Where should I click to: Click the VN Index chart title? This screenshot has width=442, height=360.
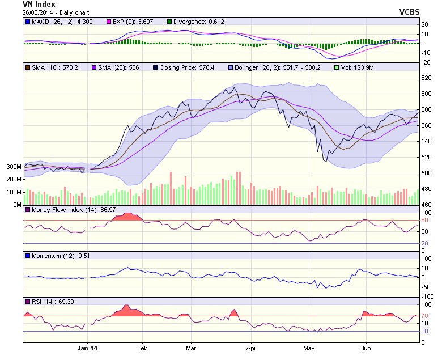click(39, 5)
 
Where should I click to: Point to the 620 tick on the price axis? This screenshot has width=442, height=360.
click(426, 78)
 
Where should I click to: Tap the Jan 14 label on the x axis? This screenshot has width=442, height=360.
click(87, 349)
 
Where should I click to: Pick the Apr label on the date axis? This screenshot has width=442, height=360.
click(250, 349)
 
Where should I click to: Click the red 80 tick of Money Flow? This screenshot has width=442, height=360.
click(424, 220)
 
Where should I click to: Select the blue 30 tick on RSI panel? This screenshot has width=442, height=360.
click(424, 331)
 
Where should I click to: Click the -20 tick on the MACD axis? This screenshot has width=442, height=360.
click(425, 62)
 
